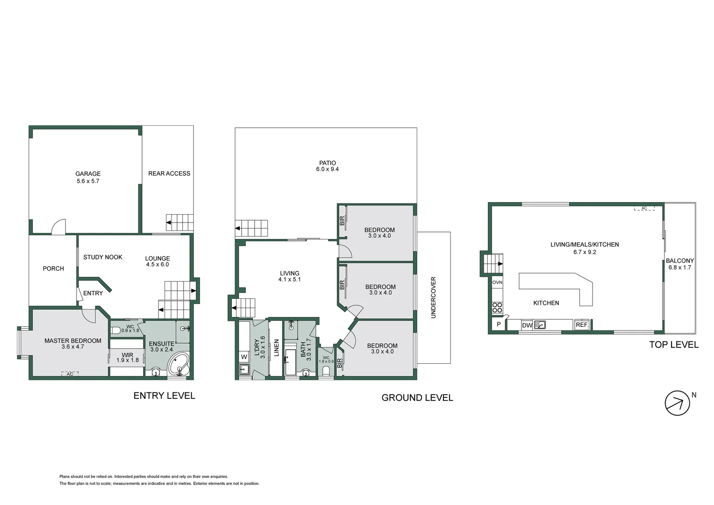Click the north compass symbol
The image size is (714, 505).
pyautogui.click(x=677, y=403)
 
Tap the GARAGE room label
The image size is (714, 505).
pyautogui.click(x=88, y=174)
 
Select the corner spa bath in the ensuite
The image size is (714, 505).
pyautogui.click(x=179, y=365)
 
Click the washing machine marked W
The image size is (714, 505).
pyautogui.click(x=244, y=357)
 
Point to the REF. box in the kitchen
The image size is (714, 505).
pyautogui.click(x=582, y=325)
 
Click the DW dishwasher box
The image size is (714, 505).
pyautogui.click(x=527, y=325)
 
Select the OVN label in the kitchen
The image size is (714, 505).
pyautogui.click(x=497, y=282)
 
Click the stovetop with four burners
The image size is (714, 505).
pyautogui.click(x=497, y=307)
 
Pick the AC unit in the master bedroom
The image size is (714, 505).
pyautogui.click(x=70, y=374)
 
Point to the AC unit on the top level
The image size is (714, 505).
pyautogui.click(x=643, y=208)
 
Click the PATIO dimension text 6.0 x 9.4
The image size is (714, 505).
pyautogui.click(x=327, y=169)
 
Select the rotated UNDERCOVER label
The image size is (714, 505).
pyautogui.click(x=433, y=297)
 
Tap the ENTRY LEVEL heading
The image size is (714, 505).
pyautogui.click(x=164, y=396)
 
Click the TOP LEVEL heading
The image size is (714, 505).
pyautogui.click(x=673, y=345)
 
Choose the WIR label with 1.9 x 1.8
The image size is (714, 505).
pyautogui.click(x=127, y=358)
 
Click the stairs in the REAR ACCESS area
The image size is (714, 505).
pyautogui.click(x=180, y=222)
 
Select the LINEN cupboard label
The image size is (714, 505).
pyautogui.click(x=276, y=348)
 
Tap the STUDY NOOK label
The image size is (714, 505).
pyautogui.click(x=103, y=257)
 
